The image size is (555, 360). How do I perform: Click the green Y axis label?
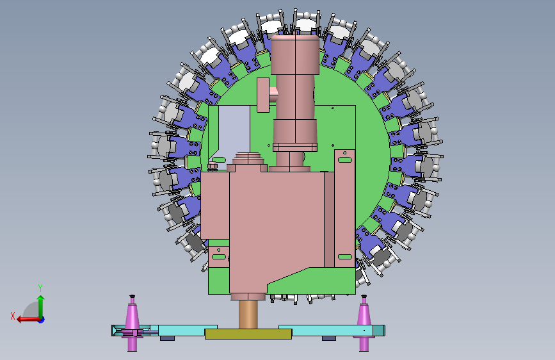tap(40, 288)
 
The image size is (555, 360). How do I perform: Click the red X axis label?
tap(13, 316)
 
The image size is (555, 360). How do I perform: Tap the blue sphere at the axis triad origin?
tap(42, 320)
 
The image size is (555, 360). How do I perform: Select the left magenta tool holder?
tap(132, 323)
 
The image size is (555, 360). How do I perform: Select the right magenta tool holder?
tap(364, 323)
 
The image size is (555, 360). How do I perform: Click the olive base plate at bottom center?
tap(248, 334)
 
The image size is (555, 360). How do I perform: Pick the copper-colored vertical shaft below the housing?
tap(248, 315)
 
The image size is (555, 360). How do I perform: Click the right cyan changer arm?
tap(332, 331)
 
